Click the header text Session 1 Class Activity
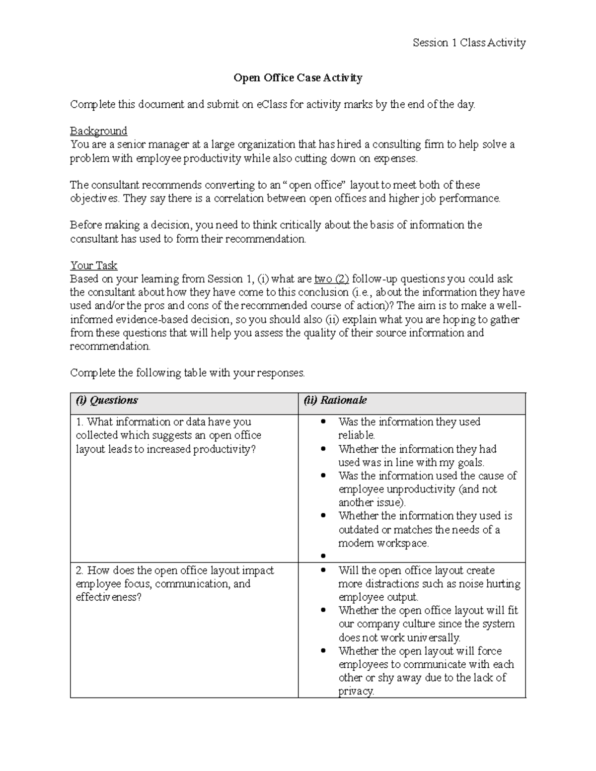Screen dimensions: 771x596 [469, 43]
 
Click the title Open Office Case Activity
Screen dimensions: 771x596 [298, 77]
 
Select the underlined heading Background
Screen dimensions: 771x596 [98, 131]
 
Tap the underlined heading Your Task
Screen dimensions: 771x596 [94, 265]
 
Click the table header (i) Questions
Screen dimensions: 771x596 [107, 400]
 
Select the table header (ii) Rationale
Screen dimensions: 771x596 [335, 400]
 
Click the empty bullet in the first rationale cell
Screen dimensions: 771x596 [323, 557]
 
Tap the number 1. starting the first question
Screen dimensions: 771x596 [80, 422]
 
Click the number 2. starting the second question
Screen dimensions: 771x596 [80, 570]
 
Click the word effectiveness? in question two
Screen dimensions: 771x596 [109, 597]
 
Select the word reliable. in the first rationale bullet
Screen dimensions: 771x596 [357, 435]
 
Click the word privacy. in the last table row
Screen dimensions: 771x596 [356, 691]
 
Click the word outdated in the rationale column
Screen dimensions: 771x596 [358, 530]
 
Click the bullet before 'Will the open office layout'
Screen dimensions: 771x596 [323, 570]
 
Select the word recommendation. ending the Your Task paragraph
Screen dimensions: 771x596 [110, 346]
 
